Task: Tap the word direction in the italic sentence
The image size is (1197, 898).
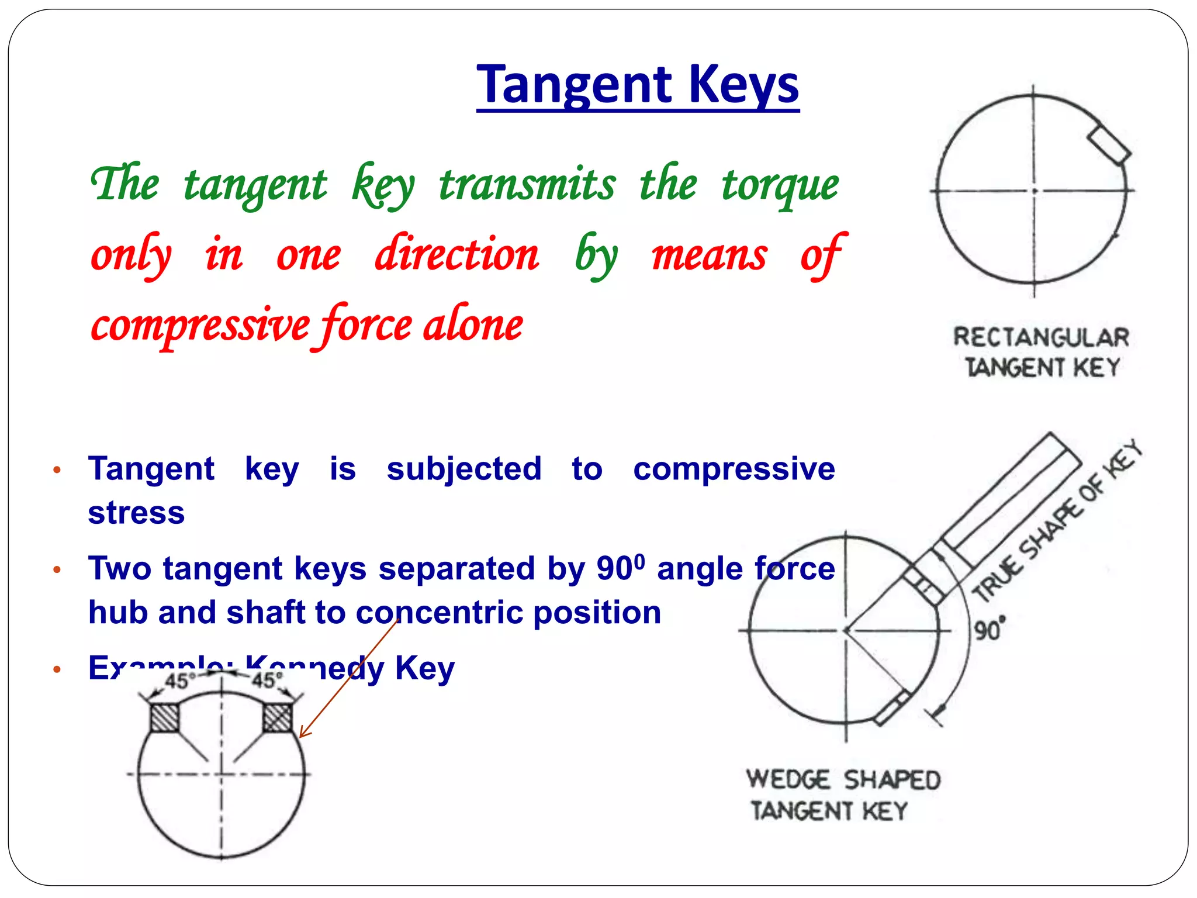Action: point(457,255)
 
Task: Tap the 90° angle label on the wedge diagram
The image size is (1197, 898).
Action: point(990,630)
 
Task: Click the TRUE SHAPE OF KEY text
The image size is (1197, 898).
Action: point(1058,520)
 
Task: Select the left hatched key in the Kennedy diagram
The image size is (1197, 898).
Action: point(164,717)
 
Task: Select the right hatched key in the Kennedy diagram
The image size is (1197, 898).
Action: point(277,717)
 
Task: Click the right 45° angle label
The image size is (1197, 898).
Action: point(267,680)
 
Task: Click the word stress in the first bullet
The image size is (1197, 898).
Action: point(136,513)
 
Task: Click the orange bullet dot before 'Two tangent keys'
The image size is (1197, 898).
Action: point(57,569)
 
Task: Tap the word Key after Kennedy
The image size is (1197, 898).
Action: point(424,668)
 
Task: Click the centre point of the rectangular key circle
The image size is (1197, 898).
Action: point(1034,191)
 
